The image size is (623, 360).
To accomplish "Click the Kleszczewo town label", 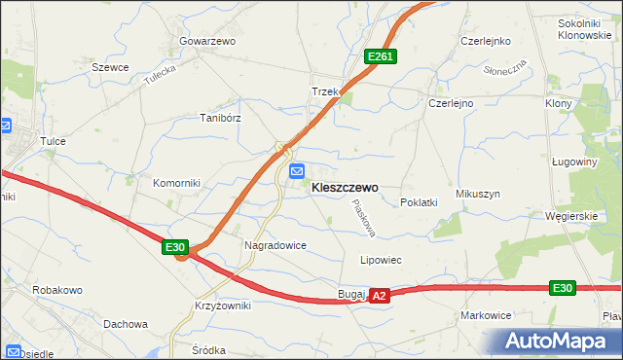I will click(345, 188).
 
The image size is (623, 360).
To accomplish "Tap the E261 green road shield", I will click(380, 58).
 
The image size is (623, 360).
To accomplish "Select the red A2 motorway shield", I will click(380, 295).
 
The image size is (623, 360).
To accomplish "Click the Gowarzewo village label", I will click(208, 42).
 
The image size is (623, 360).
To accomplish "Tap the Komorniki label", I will click(175, 183).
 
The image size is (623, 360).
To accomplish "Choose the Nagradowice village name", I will click(275, 246).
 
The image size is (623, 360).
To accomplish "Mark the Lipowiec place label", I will click(381, 261).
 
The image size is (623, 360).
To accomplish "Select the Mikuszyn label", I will click(477, 194).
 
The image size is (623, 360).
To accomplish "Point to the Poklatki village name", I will click(420, 202).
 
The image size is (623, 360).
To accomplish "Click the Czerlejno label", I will click(451, 103).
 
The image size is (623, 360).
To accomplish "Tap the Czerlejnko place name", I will click(487, 42).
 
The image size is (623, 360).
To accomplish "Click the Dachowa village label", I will click(125, 324).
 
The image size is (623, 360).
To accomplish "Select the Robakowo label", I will click(56, 290).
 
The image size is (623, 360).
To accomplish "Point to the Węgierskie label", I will click(571, 216).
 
